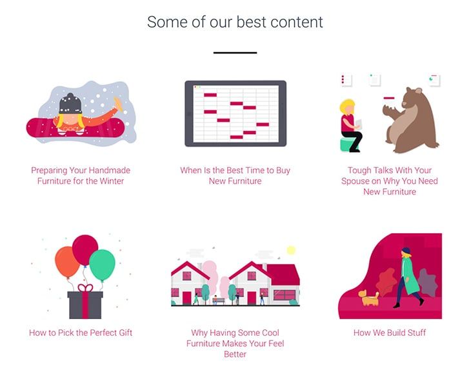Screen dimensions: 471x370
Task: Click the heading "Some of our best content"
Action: tap(235, 22)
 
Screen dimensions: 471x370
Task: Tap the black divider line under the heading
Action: tap(235, 53)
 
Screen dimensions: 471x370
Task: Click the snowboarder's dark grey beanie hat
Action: tap(70, 104)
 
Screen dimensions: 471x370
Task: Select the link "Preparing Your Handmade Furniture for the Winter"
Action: tap(81, 175)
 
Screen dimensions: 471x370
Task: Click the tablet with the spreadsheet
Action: tap(235, 113)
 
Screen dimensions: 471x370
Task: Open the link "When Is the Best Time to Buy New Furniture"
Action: tap(235, 175)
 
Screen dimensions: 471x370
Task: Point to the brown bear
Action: tap(410, 121)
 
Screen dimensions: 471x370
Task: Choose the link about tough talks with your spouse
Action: tap(390, 181)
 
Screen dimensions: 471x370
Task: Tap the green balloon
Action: tap(102, 265)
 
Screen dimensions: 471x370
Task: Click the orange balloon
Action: tap(66, 262)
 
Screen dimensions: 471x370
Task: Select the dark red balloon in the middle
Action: tap(85, 250)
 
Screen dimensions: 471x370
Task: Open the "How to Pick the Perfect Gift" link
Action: tap(81, 333)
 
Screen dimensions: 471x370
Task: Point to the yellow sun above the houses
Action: tap(291, 250)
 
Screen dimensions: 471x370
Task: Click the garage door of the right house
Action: tap(284, 295)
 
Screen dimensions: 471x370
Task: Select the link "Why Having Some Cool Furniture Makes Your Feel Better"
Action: tap(235, 344)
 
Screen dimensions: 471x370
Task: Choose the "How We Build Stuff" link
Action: tap(390, 333)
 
